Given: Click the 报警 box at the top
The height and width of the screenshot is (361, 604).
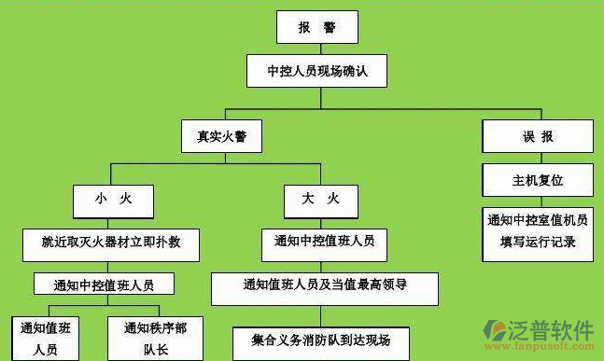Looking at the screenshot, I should click(x=316, y=28).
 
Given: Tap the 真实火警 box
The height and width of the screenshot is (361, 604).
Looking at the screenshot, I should click(x=222, y=136).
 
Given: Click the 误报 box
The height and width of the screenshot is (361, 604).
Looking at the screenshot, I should click(x=538, y=136).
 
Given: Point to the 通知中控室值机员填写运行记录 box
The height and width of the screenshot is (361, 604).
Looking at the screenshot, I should click(x=538, y=230).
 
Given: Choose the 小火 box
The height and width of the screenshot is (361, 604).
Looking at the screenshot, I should click(x=113, y=199).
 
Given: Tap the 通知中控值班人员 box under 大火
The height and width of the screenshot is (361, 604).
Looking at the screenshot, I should click(x=324, y=242).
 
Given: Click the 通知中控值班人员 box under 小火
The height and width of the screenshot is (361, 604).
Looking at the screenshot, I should click(x=104, y=285).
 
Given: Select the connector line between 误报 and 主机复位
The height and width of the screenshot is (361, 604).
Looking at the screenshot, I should click(x=538, y=158).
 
